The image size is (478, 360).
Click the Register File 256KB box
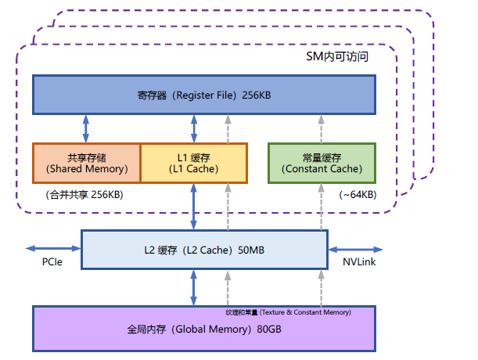[203, 95]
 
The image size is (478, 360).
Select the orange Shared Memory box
[86, 163]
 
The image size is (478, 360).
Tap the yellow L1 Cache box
[193, 163]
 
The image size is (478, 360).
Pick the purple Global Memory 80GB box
[203, 329]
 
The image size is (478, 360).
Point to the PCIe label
[52, 262]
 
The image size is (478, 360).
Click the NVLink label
[359, 262]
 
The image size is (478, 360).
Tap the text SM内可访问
[336, 58]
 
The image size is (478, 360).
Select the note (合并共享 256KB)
[84, 194]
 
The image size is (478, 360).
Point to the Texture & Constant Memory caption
[288, 312]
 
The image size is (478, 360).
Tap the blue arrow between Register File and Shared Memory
[85, 128]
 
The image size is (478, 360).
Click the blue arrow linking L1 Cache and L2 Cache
[193, 207]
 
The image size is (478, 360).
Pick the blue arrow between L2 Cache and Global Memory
[193, 287]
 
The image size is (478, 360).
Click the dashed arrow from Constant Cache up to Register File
[322, 128]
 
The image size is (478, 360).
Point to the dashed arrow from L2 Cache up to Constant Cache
[322, 207]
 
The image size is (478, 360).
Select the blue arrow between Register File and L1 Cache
[193, 128]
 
